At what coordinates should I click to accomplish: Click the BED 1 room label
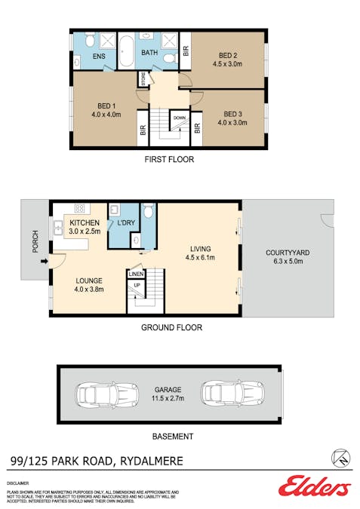106,105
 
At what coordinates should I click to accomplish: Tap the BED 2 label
228,55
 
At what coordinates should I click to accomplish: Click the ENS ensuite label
99,57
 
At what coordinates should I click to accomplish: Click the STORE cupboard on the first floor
142,78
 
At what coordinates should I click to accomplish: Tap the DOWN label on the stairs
179,118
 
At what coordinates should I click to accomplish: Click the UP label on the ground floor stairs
137,286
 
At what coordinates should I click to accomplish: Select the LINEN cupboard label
136,274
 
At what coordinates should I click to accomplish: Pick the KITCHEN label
85,224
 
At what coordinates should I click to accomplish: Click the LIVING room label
200,248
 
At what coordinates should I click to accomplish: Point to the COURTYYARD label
286,253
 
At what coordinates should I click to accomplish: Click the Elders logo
314,486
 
